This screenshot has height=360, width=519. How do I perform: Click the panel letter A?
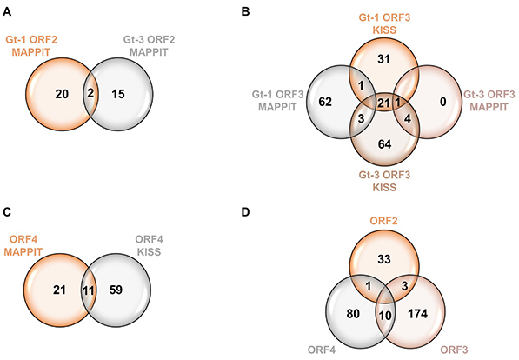pyautogui.click(x=8, y=10)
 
